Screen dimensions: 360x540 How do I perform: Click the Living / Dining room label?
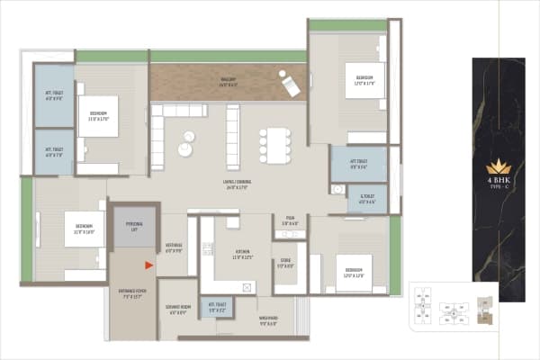tap(236, 184)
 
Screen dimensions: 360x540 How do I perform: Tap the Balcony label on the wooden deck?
tap(229, 81)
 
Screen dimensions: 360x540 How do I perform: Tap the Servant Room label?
tap(176, 310)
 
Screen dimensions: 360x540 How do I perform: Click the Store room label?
tap(285, 264)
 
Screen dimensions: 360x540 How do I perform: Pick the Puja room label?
tap(290, 220)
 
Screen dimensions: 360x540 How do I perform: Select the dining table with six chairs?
tap(275, 144)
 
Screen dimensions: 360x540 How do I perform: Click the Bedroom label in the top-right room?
tap(364, 81)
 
